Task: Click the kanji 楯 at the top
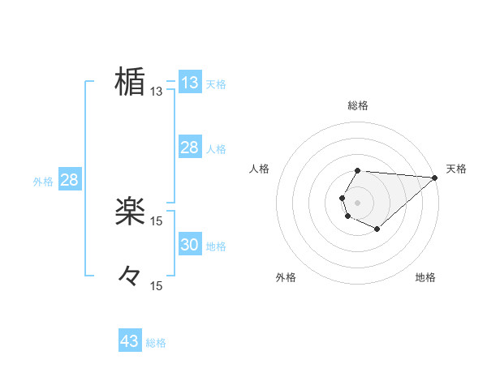point(130,82)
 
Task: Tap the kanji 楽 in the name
point(130,212)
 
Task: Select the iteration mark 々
point(130,276)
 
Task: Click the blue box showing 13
point(189,83)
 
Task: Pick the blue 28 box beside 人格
point(189,148)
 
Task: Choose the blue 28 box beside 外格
point(69,180)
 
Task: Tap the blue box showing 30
point(189,245)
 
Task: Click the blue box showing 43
point(130,341)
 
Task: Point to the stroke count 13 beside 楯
point(157,92)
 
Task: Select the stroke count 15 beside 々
point(157,286)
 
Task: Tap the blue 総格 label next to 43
point(156,343)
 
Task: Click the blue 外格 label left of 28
point(43,182)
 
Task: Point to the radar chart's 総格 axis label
point(358,105)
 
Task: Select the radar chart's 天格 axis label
point(457,169)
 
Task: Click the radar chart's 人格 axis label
point(260,169)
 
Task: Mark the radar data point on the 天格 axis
point(435,177)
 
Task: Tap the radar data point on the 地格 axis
point(377,229)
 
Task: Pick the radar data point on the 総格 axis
point(358,170)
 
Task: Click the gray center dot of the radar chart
point(358,202)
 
